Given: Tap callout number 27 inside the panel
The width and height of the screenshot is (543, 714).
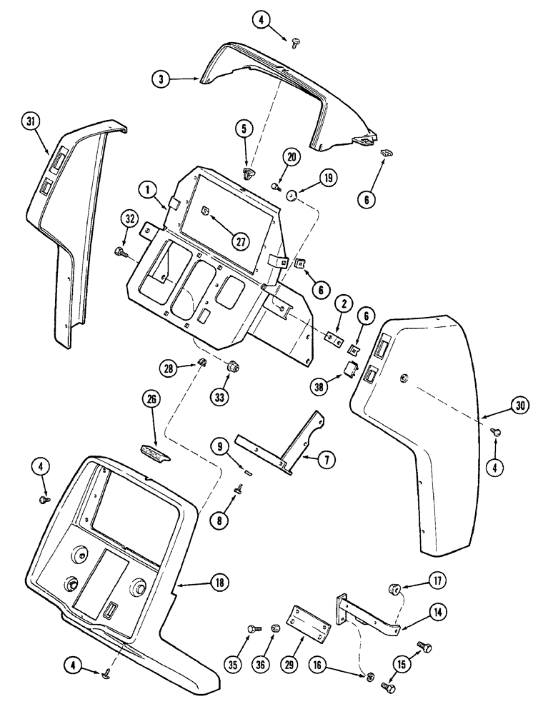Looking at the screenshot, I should pyautogui.click(x=241, y=241).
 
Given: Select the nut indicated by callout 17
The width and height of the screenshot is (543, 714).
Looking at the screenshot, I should pyautogui.click(x=393, y=589).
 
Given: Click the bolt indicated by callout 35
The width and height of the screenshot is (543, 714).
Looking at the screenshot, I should pyautogui.click(x=253, y=629).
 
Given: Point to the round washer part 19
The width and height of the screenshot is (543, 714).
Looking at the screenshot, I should pyautogui.click(x=292, y=195).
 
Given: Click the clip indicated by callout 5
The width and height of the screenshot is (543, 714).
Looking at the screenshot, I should pyautogui.click(x=248, y=173).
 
